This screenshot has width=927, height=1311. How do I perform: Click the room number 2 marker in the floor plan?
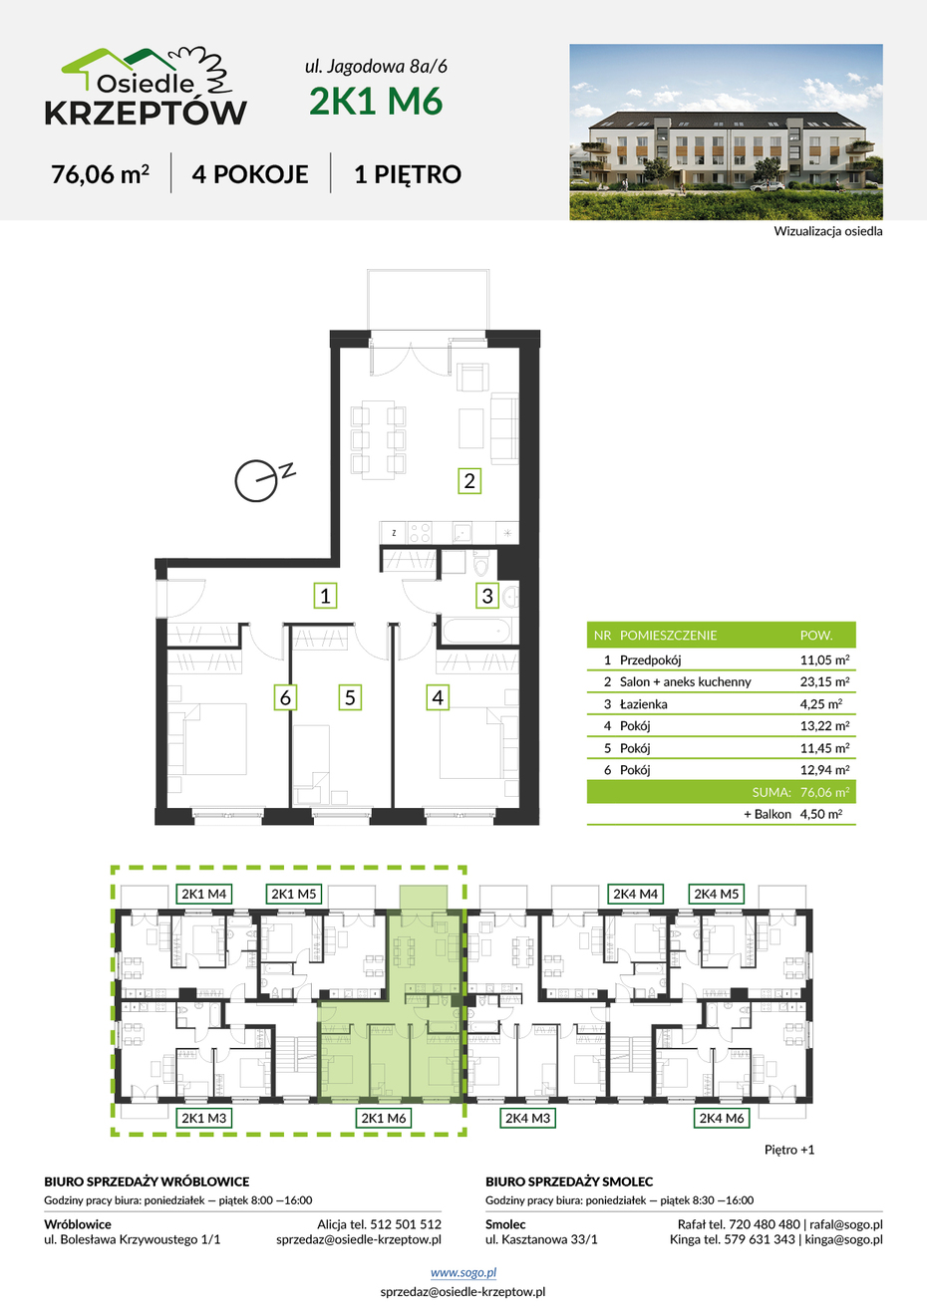[x=469, y=481]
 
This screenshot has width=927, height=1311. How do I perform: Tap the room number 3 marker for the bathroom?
[x=487, y=596]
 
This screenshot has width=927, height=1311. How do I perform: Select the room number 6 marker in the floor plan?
[x=285, y=697]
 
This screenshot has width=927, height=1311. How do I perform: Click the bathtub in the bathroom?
[x=477, y=631]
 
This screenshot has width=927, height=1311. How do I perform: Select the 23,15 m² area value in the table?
[x=824, y=681]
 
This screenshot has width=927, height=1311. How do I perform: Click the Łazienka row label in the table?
[x=644, y=704]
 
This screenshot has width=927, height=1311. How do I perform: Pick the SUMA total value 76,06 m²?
[x=824, y=792]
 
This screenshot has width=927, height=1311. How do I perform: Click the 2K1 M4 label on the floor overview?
[x=203, y=895]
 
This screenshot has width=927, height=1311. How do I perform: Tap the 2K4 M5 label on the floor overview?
[x=717, y=895]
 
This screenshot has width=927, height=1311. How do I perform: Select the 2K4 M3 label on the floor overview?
[x=527, y=1119]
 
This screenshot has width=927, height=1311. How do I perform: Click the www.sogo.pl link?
[x=463, y=1272]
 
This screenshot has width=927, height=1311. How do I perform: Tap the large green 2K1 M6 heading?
[x=376, y=101]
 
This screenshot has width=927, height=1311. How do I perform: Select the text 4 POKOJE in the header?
[x=250, y=174]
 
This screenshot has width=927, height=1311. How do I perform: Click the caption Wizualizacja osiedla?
[x=828, y=231]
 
